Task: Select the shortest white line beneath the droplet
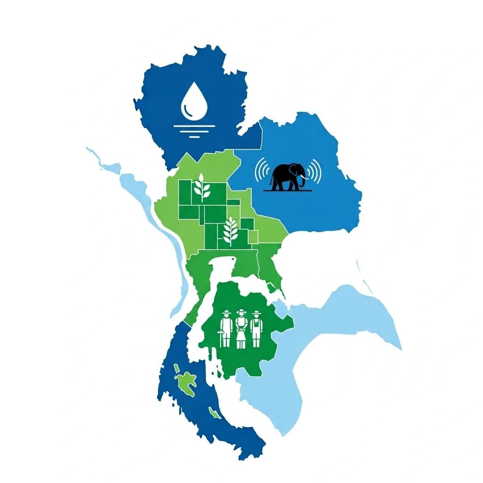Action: tap(193, 136)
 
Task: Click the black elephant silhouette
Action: tap(287, 176)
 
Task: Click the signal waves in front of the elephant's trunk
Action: tap(315, 171)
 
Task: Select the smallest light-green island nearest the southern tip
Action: tap(215, 415)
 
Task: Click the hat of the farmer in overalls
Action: tap(256, 313)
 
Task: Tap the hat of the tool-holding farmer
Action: tap(227, 313)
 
